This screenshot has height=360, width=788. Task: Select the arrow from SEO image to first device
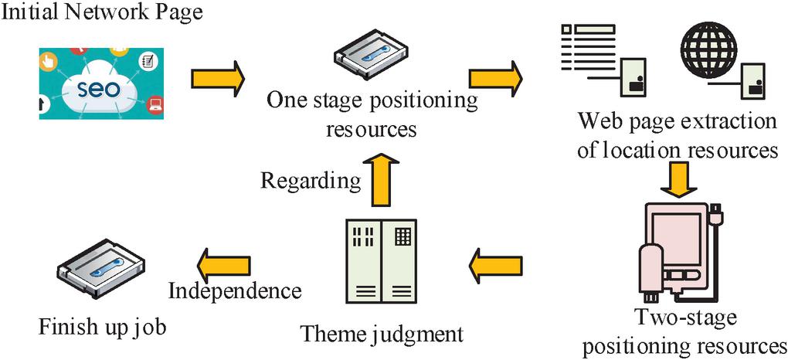217,77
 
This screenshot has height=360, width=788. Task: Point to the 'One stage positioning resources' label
372,114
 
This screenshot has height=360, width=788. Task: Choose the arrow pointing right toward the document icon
495,77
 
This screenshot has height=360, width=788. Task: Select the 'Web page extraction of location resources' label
677,135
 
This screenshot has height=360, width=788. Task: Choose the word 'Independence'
234,291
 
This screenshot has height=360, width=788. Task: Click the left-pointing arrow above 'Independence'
225,263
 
